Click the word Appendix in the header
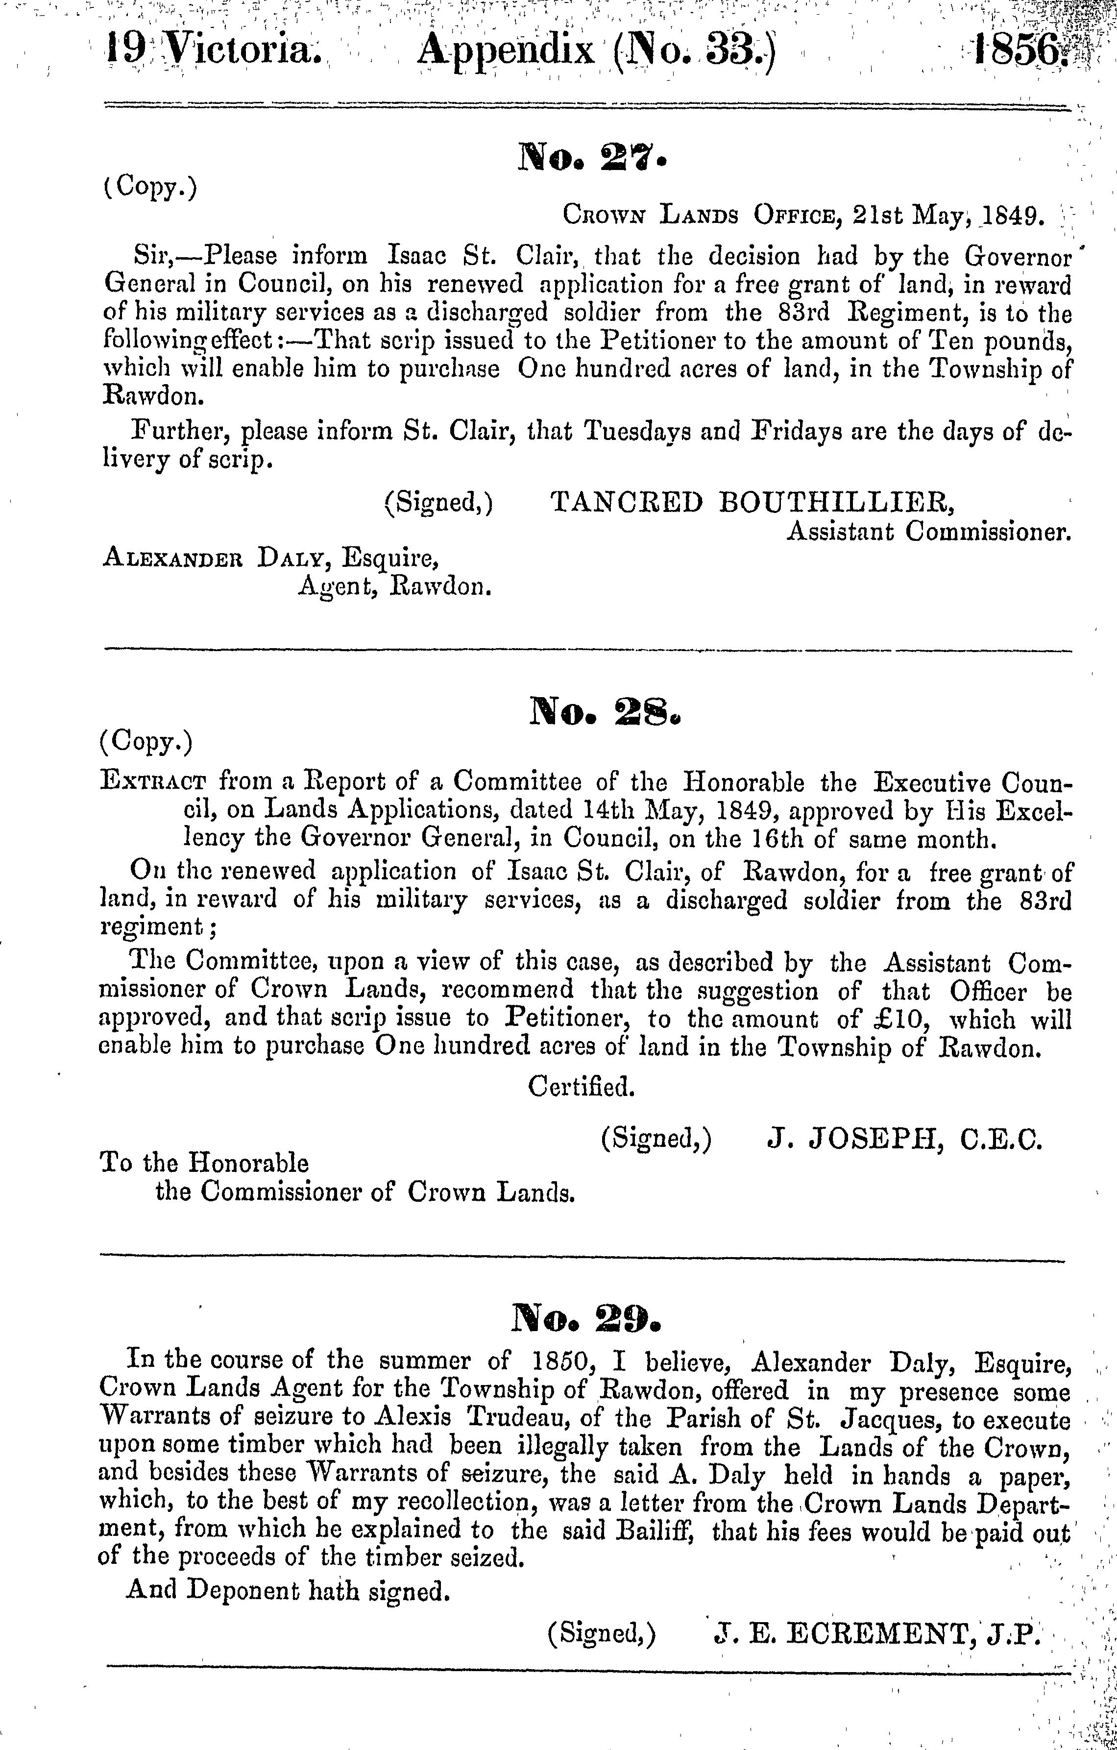[506, 51]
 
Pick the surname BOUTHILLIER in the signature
[834, 502]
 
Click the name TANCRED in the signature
[627, 502]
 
